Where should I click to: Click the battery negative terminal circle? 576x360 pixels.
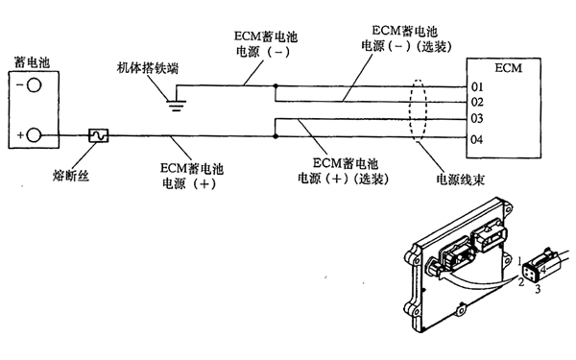[x=33, y=85]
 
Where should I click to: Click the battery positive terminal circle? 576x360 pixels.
[x=33, y=135]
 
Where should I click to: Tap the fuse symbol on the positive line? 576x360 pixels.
[x=98, y=136]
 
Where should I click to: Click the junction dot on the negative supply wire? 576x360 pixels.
[x=276, y=86]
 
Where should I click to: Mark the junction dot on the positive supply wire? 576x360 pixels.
[x=276, y=136]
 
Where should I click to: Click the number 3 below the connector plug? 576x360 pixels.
[x=540, y=288]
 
